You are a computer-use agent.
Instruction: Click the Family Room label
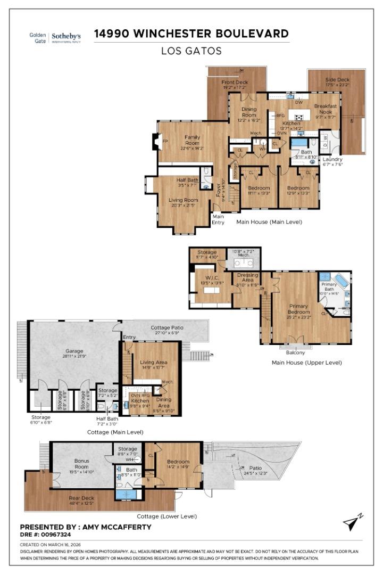[x=192, y=140]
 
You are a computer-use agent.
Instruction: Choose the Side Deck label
[x=337, y=80]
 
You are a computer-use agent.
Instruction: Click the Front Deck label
[x=235, y=83]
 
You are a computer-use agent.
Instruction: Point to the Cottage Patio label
[x=168, y=327]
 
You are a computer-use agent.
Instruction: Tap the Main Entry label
[x=218, y=219]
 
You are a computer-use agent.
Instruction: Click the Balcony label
[x=296, y=352]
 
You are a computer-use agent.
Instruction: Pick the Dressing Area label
[x=247, y=277]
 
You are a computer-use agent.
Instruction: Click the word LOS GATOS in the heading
[x=191, y=51]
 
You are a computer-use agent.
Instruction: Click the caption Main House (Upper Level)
[x=306, y=363]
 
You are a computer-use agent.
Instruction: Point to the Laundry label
[x=333, y=159]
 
